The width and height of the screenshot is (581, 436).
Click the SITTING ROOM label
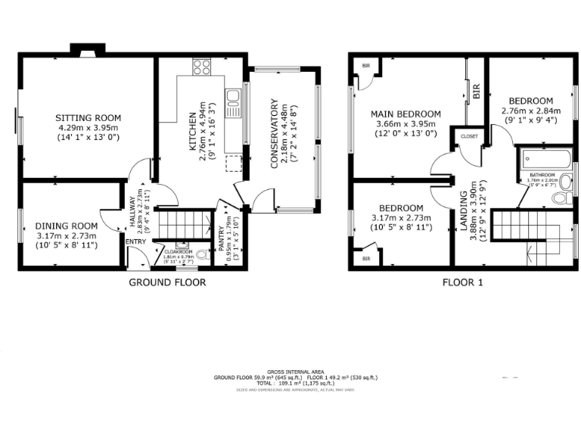coord(89,117)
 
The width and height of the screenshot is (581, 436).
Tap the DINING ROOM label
coord(67,226)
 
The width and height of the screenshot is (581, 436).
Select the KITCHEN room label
coord(193,129)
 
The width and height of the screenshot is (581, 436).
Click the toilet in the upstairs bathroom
coord(561,198)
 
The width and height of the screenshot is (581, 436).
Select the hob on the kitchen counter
coord(201,68)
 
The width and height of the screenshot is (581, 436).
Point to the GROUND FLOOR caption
coord(167,282)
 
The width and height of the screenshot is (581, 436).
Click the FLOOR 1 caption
coord(462,282)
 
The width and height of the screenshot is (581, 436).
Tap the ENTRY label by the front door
coord(136,242)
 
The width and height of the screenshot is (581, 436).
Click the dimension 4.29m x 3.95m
coord(89,128)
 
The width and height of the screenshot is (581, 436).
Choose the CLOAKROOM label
coord(178,251)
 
